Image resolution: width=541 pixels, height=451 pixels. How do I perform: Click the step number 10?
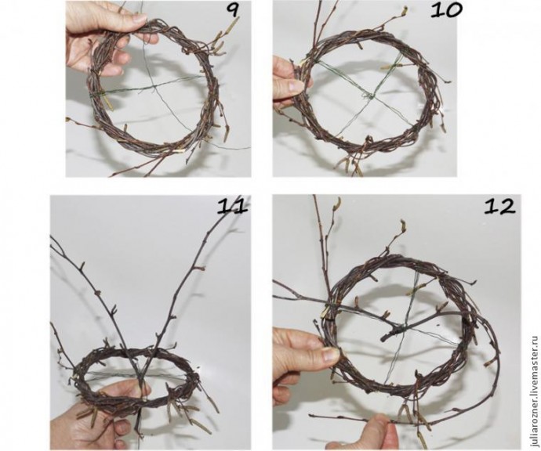click(446, 10)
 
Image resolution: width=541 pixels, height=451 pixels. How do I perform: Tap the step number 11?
click(232, 207)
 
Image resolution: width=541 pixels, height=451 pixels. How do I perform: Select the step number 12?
click(500, 207)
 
